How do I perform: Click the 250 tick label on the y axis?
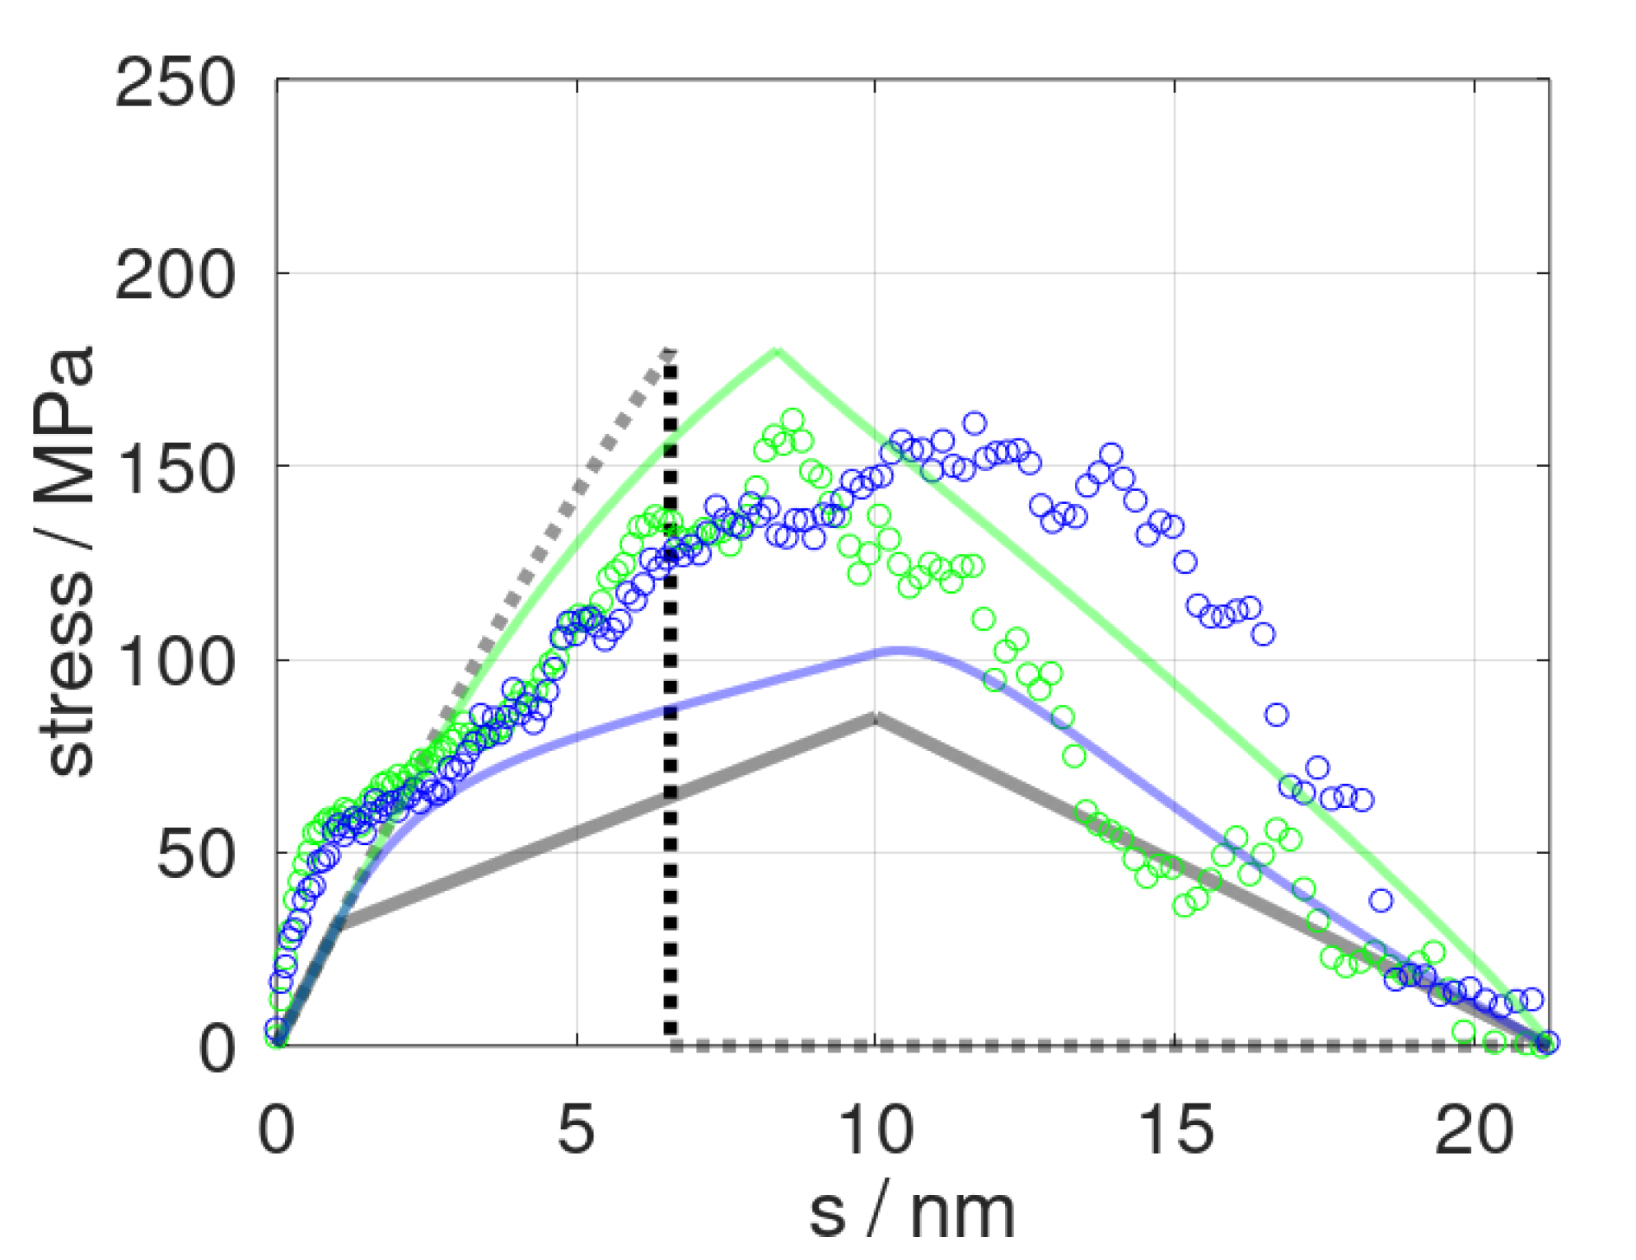pos(175,84)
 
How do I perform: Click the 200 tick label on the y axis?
pos(175,276)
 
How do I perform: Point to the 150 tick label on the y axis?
pos(175,469)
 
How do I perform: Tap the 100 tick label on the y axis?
pos(175,662)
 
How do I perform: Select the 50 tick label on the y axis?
pos(195,855)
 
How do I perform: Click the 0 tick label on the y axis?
pos(217,1048)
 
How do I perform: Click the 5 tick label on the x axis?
pos(576,1129)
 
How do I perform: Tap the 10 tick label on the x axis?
pos(876,1129)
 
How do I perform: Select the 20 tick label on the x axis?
pos(1474,1129)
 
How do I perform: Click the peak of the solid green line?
pos(776,352)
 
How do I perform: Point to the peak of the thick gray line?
pos(876,716)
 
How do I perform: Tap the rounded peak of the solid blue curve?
pos(902,651)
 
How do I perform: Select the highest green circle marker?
pos(792,419)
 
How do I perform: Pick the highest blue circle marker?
pos(975,423)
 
